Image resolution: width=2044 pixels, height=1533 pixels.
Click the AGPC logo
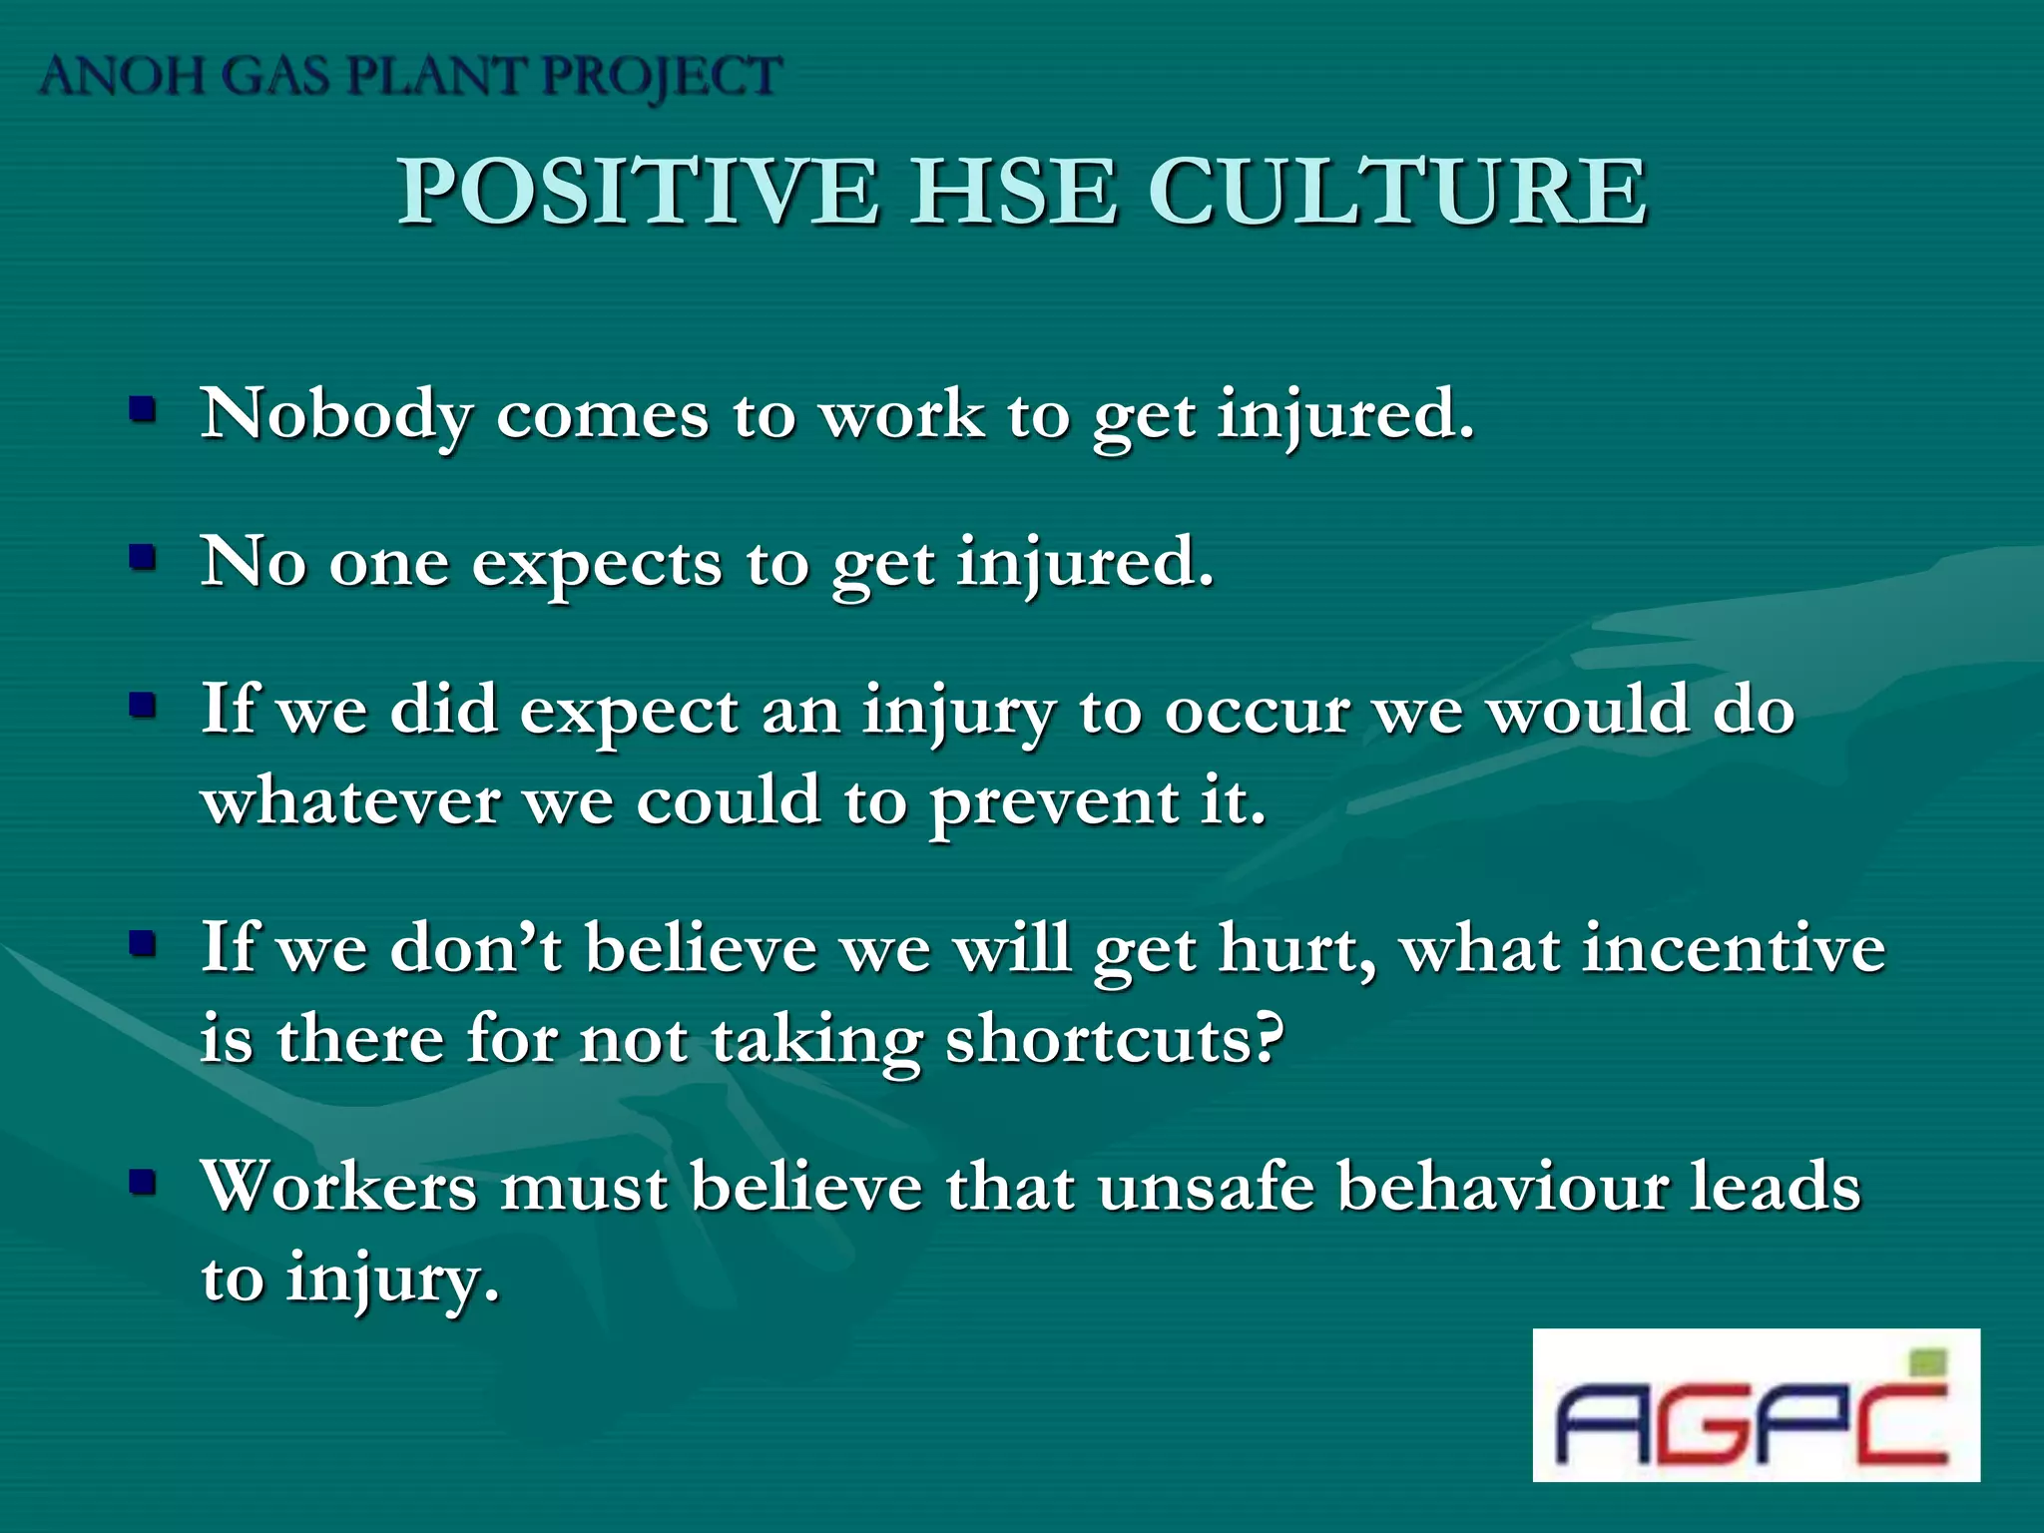[x=1755, y=1405]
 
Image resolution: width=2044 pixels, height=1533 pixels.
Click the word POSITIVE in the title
[x=638, y=192]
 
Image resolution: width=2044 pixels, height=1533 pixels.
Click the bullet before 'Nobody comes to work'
[x=144, y=409]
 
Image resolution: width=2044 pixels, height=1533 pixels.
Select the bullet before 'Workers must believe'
[x=144, y=1183]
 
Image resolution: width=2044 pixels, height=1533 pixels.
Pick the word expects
[x=596, y=564]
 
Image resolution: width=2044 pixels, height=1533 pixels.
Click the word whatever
[x=350, y=800]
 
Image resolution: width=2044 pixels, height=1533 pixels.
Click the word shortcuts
[x=1113, y=1040]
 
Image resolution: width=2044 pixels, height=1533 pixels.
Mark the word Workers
[x=338, y=1188]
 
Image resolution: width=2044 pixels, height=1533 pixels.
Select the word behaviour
[x=1501, y=1188]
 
